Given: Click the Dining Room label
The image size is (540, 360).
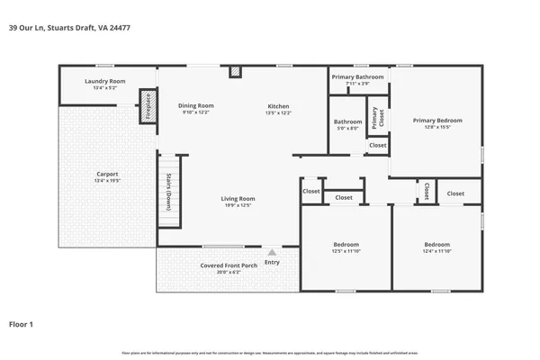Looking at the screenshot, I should pos(195,105).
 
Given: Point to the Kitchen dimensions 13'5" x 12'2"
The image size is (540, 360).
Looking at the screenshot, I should pos(278,113).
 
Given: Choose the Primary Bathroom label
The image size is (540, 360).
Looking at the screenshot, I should pos(357,77).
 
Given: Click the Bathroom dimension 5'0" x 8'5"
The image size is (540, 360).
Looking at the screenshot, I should pos(347,129).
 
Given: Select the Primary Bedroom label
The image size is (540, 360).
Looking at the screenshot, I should pos(437,120).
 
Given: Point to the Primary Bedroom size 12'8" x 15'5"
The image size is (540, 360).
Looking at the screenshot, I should pos(437,128).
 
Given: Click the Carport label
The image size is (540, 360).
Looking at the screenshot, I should pos(107,174).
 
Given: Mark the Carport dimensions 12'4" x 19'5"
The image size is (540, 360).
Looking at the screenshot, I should pos(107,182).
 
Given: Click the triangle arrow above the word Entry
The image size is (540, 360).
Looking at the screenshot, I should pos(272,252).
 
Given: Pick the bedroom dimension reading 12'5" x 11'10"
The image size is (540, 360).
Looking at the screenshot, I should pos(346,252).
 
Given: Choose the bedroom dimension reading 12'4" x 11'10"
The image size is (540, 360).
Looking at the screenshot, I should pos(437,252).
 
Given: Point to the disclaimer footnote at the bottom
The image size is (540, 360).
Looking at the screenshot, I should pos(270,353).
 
